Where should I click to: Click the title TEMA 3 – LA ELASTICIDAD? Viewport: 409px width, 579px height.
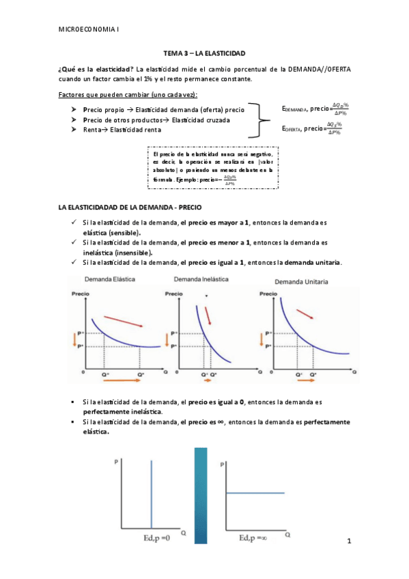tap(204, 53)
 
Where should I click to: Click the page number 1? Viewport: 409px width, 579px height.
tap(348, 541)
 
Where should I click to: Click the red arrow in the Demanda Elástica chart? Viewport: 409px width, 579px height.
tap(124, 320)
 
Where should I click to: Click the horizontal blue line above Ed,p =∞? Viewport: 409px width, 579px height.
tap(255, 492)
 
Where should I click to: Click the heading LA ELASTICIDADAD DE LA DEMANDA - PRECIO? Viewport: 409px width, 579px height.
tap(130, 206)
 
